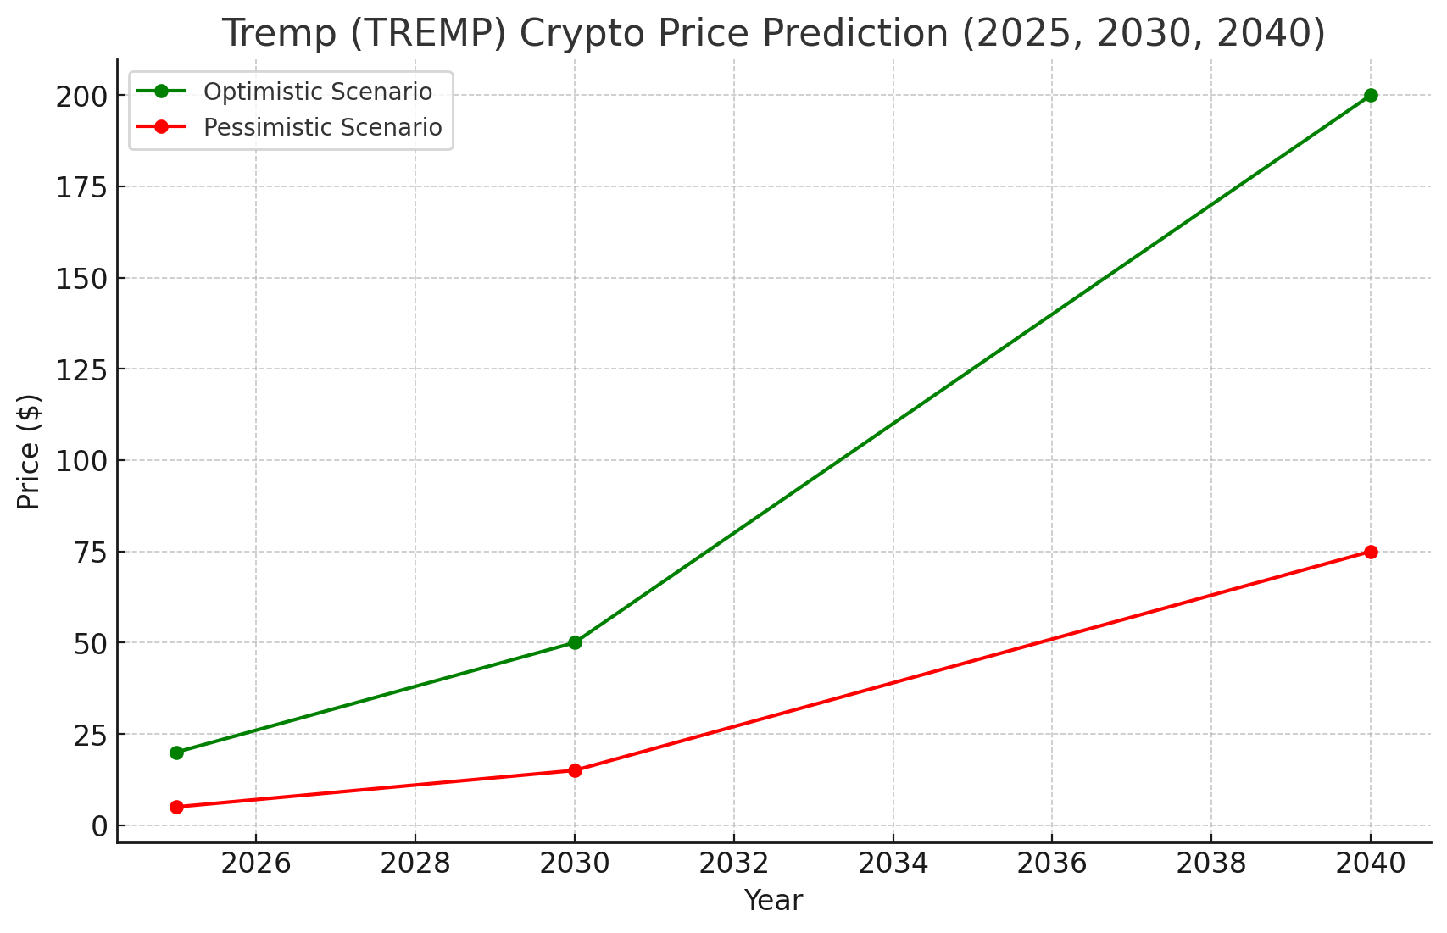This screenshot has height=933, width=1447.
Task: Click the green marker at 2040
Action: (x=1371, y=95)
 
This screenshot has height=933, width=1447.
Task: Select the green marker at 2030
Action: (x=575, y=642)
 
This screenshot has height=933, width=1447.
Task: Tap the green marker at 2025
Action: (x=176, y=753)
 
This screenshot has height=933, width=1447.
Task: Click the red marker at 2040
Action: (x=1371, y=552)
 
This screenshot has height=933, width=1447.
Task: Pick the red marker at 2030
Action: (x=575, y=770)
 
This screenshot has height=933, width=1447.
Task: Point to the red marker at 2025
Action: (x=176, y=807)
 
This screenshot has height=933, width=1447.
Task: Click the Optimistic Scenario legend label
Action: (x=318, y=92)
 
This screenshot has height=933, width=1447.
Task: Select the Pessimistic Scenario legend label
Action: (x=322, y=127)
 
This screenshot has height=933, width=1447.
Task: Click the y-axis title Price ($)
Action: (x=29, y=452)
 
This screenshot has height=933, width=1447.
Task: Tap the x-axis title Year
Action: (x=773, y=901)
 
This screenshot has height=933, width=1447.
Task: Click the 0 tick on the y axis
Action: (x=100, y=826)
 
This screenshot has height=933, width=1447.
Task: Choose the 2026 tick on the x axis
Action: (x=255, y=864)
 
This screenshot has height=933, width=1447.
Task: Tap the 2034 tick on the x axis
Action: (x=893, y=864)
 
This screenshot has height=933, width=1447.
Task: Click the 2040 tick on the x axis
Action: (x=1371, y=864)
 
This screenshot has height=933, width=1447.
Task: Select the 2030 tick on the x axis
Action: (x=575, y=864)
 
